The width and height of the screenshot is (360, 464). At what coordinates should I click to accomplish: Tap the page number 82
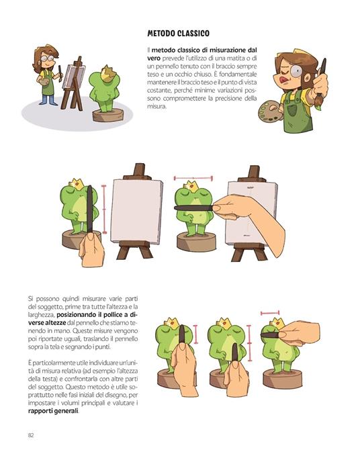pyautogui.click(x=31, y=434)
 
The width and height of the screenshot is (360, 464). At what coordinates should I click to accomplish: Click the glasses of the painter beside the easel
pyautogui.click(x=46, y=59)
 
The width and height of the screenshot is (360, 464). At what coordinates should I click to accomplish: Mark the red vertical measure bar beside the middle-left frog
pyautogui.click(x=104, y=208)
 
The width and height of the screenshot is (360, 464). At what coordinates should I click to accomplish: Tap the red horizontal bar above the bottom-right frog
pyautogui.click(x=269, y=312)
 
